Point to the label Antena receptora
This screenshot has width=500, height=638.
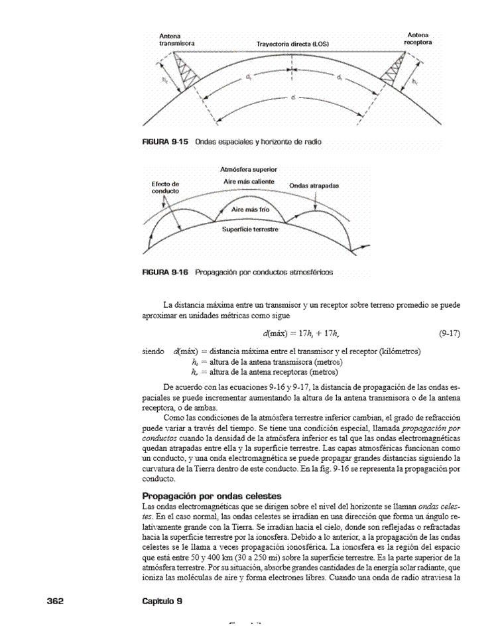pyautogui.click(x=418, y=38)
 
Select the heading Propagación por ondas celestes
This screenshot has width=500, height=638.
pyautogui.click(x=213, y=495)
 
